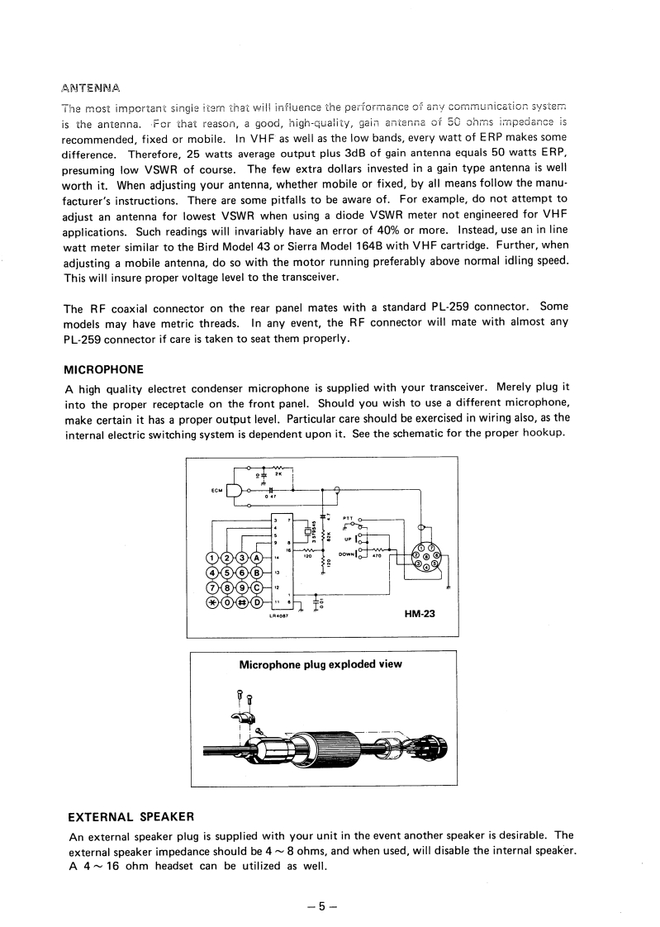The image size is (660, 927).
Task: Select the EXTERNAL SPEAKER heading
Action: point(130,817)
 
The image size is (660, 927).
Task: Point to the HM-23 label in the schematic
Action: point(420,613)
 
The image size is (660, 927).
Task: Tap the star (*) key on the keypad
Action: point(213,601)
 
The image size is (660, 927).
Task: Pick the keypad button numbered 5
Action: point(227,572)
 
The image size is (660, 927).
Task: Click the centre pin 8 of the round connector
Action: point(426,557)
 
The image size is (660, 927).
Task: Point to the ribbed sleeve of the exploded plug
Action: point(339,749)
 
